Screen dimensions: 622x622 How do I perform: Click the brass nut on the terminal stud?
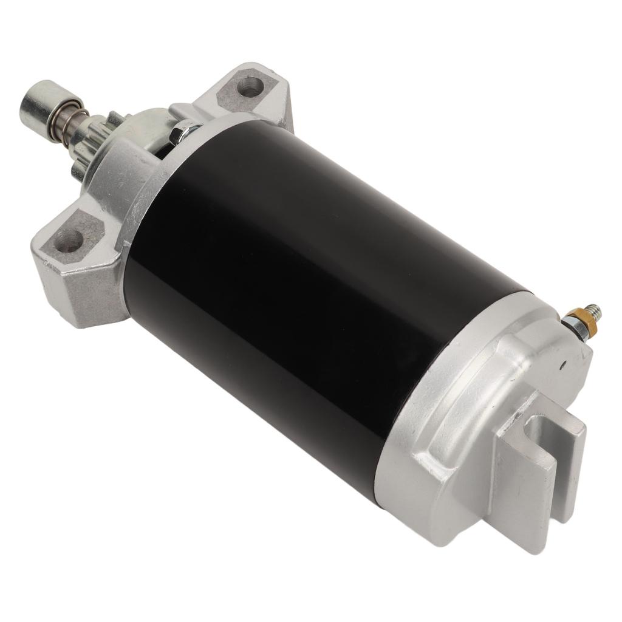point(575,318)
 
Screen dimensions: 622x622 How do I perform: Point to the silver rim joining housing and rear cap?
point(425,395)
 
